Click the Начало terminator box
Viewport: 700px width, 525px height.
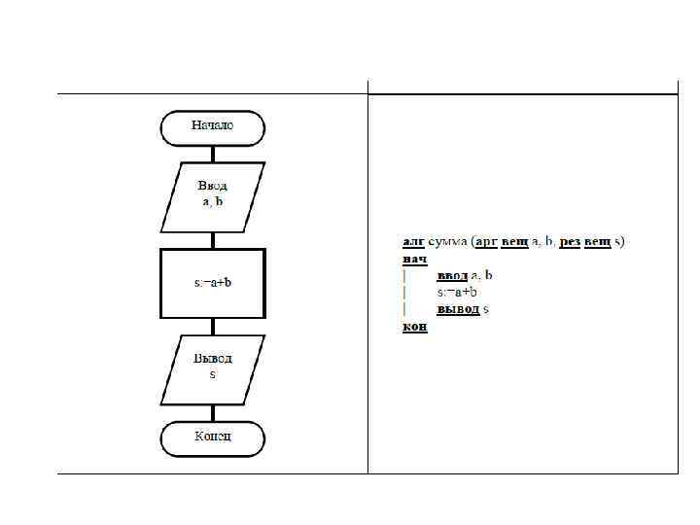click(212, 126)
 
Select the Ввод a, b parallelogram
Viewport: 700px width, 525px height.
click(212, 196)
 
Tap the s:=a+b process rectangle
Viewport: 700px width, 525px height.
click(212, 283)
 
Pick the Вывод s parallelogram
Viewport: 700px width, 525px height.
click(212, 368)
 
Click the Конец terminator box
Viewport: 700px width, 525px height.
click(212, 437)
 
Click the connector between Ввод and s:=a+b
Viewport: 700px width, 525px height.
click(212, 240)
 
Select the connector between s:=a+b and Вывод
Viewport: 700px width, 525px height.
click(212, 327)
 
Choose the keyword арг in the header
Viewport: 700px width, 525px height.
click(485, 241)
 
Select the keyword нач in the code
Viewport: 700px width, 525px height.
click(414, 259)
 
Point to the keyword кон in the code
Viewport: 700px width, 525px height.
click(414, 327)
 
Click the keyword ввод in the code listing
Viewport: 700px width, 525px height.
click(452, 276)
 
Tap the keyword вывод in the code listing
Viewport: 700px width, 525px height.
click(458, 309)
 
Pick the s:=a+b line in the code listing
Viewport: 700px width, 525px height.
click(457, 293)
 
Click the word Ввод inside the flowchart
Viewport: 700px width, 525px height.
click(212, 185)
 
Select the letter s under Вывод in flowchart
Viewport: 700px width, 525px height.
click(212, 375)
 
